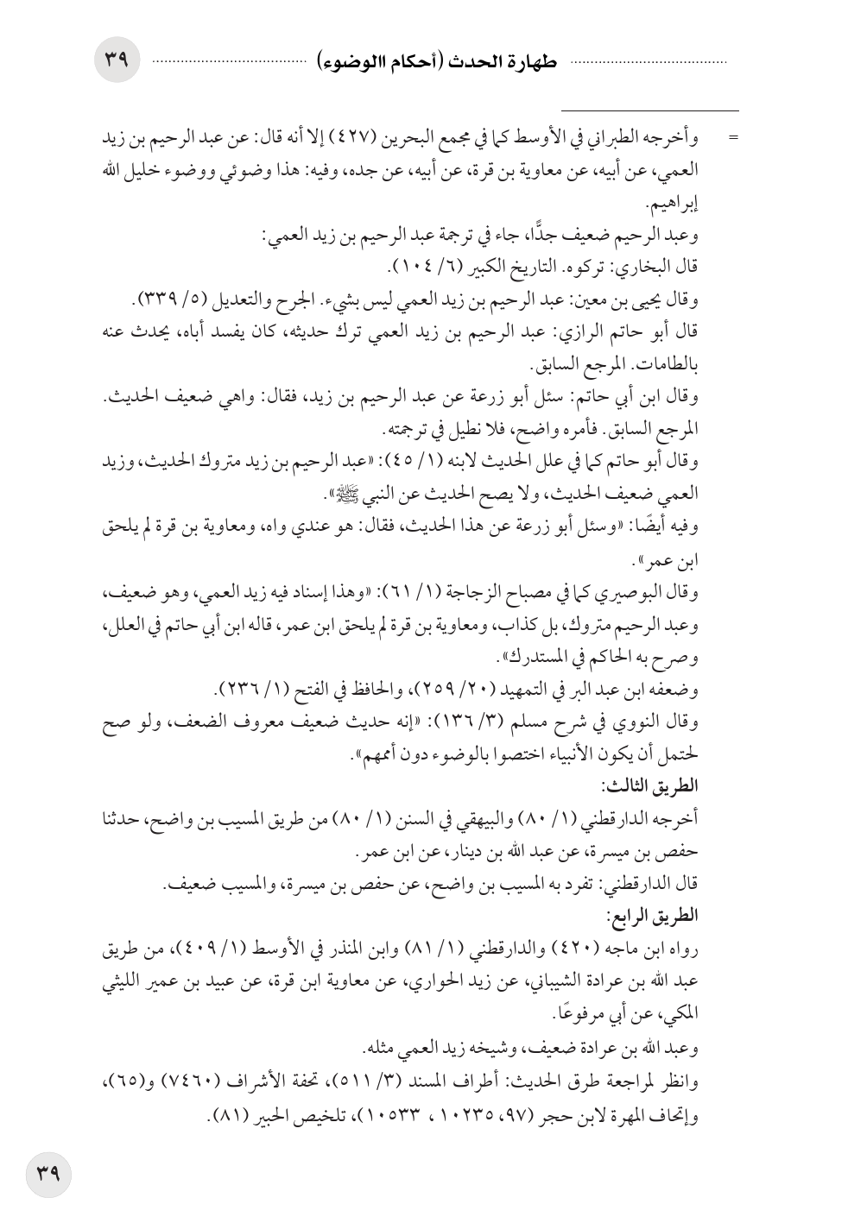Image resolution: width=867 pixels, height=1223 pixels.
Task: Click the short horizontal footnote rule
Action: pos(650,110)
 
